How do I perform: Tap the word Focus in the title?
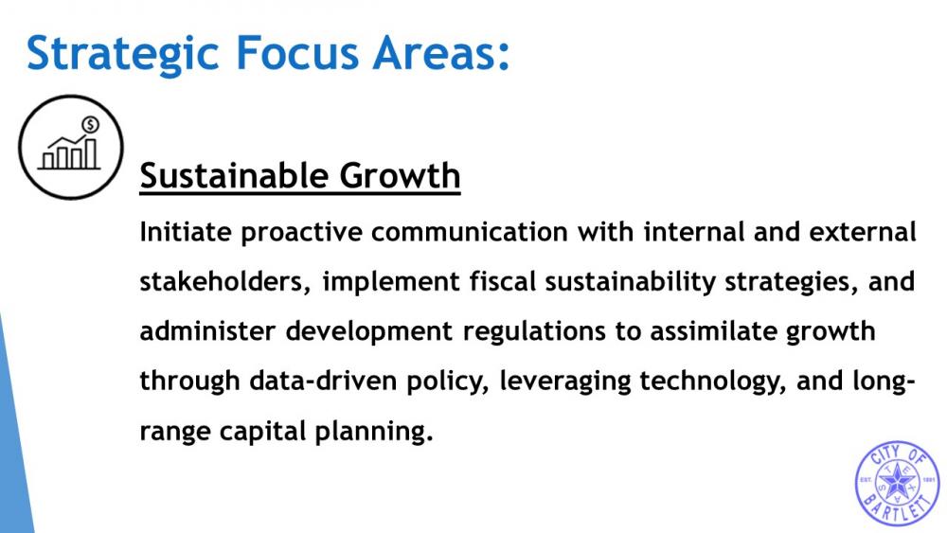(297, 53)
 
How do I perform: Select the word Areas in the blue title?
(436, 53)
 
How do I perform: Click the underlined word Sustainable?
(233, 176)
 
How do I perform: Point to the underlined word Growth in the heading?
(400, 176)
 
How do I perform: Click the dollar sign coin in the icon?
(91, 125)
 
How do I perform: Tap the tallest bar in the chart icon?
(91, 154)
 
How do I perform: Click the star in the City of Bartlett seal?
(898, 482)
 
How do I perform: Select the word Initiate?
(186, 232)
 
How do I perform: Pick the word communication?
(470, 232)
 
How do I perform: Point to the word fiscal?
(503, 282)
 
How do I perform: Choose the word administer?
(207, 331)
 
